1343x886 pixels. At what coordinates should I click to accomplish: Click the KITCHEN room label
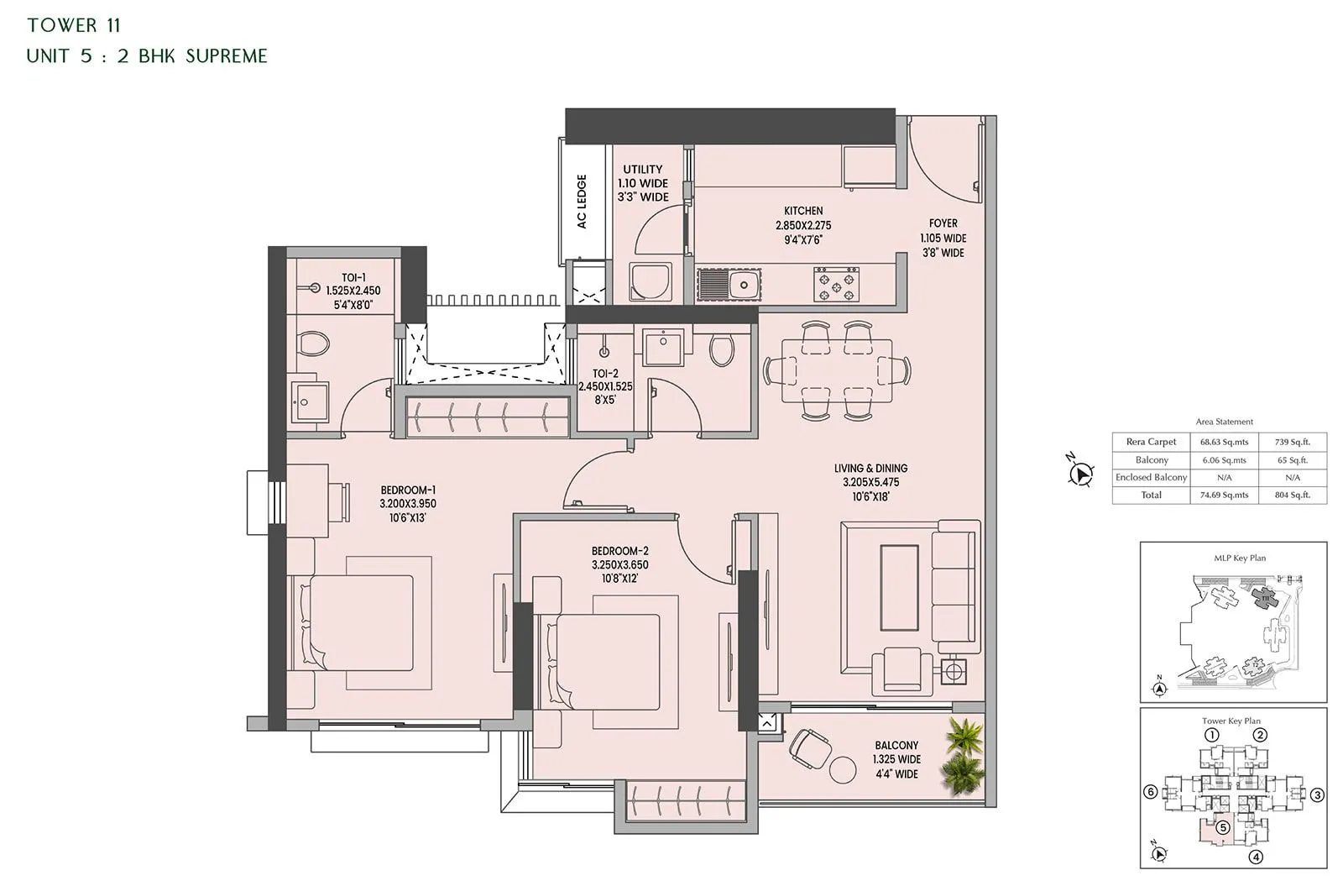click(x=803, y=211)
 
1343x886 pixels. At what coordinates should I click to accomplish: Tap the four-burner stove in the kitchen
click(x=837, y=284)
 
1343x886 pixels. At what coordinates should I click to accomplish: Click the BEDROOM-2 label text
click(x=619, y=551)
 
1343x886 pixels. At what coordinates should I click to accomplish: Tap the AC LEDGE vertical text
click(x=582, y=202)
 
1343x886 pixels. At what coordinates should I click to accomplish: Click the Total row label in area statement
click(x=1151, y=495)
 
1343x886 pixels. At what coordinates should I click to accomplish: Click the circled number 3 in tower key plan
click(x=1318, y=794)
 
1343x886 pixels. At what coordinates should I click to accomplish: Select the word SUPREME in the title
click(x=227, y=56)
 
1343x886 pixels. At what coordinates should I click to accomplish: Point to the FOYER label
click(x=943, y=223)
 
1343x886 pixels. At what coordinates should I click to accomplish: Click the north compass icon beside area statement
click(x=1081, y=474)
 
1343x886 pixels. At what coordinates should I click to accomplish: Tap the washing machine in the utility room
click(x=651, y=282)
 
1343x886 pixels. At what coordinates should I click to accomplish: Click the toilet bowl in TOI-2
click(x=721, y=350)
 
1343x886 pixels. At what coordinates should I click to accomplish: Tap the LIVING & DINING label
click(x=870, y=469)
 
